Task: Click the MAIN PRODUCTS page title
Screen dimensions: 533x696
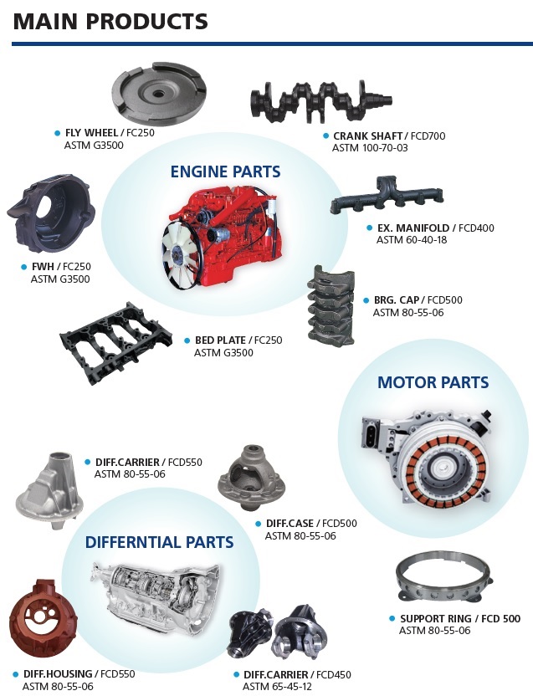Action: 110,21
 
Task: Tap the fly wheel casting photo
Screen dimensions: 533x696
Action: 159,94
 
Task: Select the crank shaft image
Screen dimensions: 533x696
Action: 320,100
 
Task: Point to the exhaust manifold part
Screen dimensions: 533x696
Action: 387,197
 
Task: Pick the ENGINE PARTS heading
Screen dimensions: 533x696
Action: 226,171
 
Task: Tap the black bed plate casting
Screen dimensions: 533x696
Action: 116,341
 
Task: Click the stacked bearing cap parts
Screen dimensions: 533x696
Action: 331,306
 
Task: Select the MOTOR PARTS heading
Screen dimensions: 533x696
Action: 433,382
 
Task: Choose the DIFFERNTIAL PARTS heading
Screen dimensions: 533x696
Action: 160,542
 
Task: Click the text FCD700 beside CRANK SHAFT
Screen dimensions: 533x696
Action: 428,136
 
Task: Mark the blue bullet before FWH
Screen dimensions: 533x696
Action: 24,267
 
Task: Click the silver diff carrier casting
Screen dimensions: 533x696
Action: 50,490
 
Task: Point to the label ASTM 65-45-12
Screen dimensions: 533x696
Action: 277,686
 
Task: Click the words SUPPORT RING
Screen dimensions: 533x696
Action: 436,618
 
